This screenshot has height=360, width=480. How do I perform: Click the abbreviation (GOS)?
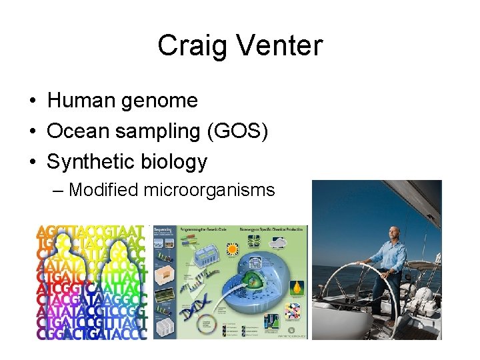point(246,131)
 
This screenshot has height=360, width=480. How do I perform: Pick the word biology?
point(177,161)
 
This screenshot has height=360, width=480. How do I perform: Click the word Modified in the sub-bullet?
point(103,190)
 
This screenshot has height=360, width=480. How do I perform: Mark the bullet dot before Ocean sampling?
point(33,132)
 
